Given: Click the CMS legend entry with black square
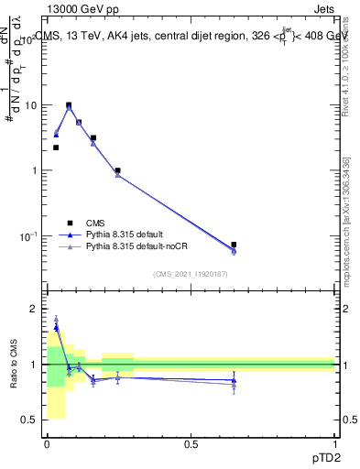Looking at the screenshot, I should [x=94, y=222].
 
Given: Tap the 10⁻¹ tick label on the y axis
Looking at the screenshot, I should [x=28, y=236].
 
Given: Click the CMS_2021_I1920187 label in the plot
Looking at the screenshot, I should [x=191, y=273].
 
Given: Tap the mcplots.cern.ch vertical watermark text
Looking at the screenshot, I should [x=345, y=247].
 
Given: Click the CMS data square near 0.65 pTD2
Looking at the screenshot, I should [x=234, y=245].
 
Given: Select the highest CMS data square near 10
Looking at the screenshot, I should [x=69, y=105].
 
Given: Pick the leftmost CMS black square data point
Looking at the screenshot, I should [x=56, y=147].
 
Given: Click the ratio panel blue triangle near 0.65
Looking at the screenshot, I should [x=234, y=379].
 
